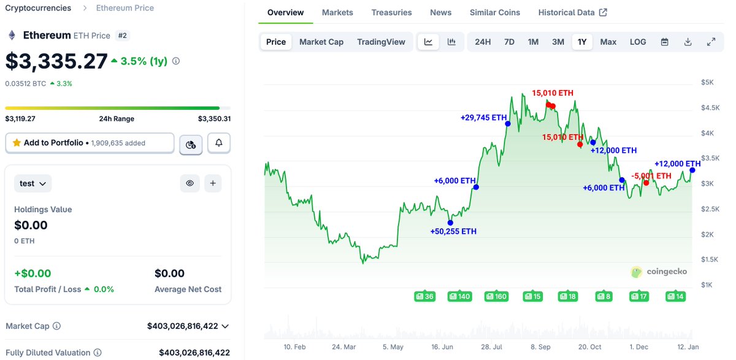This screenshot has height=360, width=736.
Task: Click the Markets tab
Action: pos(337,12)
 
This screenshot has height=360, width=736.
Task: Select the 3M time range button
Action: pos(558,42)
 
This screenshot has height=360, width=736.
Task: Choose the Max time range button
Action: pos(608,42)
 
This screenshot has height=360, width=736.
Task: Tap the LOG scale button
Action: pos(638,42)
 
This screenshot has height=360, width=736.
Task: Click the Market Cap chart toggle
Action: pos(321,42)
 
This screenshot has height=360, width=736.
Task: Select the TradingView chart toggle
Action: pos(381,42)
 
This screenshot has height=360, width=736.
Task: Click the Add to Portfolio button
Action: pos(90,143)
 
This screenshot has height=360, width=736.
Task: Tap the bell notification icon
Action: pos(219,143)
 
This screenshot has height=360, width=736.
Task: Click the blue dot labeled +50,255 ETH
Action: pos(450,223)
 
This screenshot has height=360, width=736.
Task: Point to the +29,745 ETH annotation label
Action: pos(484,117)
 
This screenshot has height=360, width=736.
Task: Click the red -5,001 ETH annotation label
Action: pos(651,176)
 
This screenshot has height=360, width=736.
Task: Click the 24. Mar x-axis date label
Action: pos(343,347)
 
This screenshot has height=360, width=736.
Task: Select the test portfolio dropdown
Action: pos(33,183)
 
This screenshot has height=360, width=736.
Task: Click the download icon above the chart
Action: pos(688,42)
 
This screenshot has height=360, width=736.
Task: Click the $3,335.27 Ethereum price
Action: pos(56,61)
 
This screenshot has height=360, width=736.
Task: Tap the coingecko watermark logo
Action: pos(659,272)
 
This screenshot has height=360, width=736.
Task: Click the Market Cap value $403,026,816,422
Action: pos(183,326)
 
